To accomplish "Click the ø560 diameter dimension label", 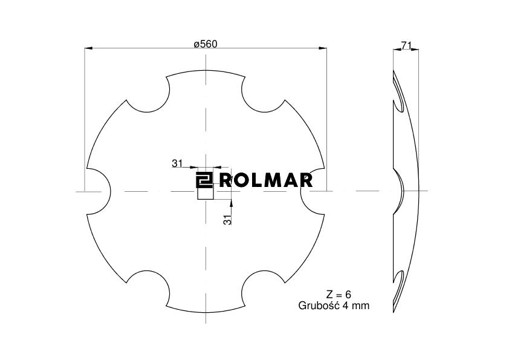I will (x=205, y=44).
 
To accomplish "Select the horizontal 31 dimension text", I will (x=177, y=163).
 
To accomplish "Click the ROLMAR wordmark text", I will (x=266, y=180).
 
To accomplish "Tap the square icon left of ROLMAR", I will (x=203, y=180).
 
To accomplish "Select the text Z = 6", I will (x=339, y=295).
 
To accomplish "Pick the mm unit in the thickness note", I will (x=360, y=306).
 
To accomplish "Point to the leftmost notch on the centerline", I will (x=97, y=191).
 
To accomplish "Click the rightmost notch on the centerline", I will (x=313, y=191).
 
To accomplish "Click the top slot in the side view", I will (x=398, y=97).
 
